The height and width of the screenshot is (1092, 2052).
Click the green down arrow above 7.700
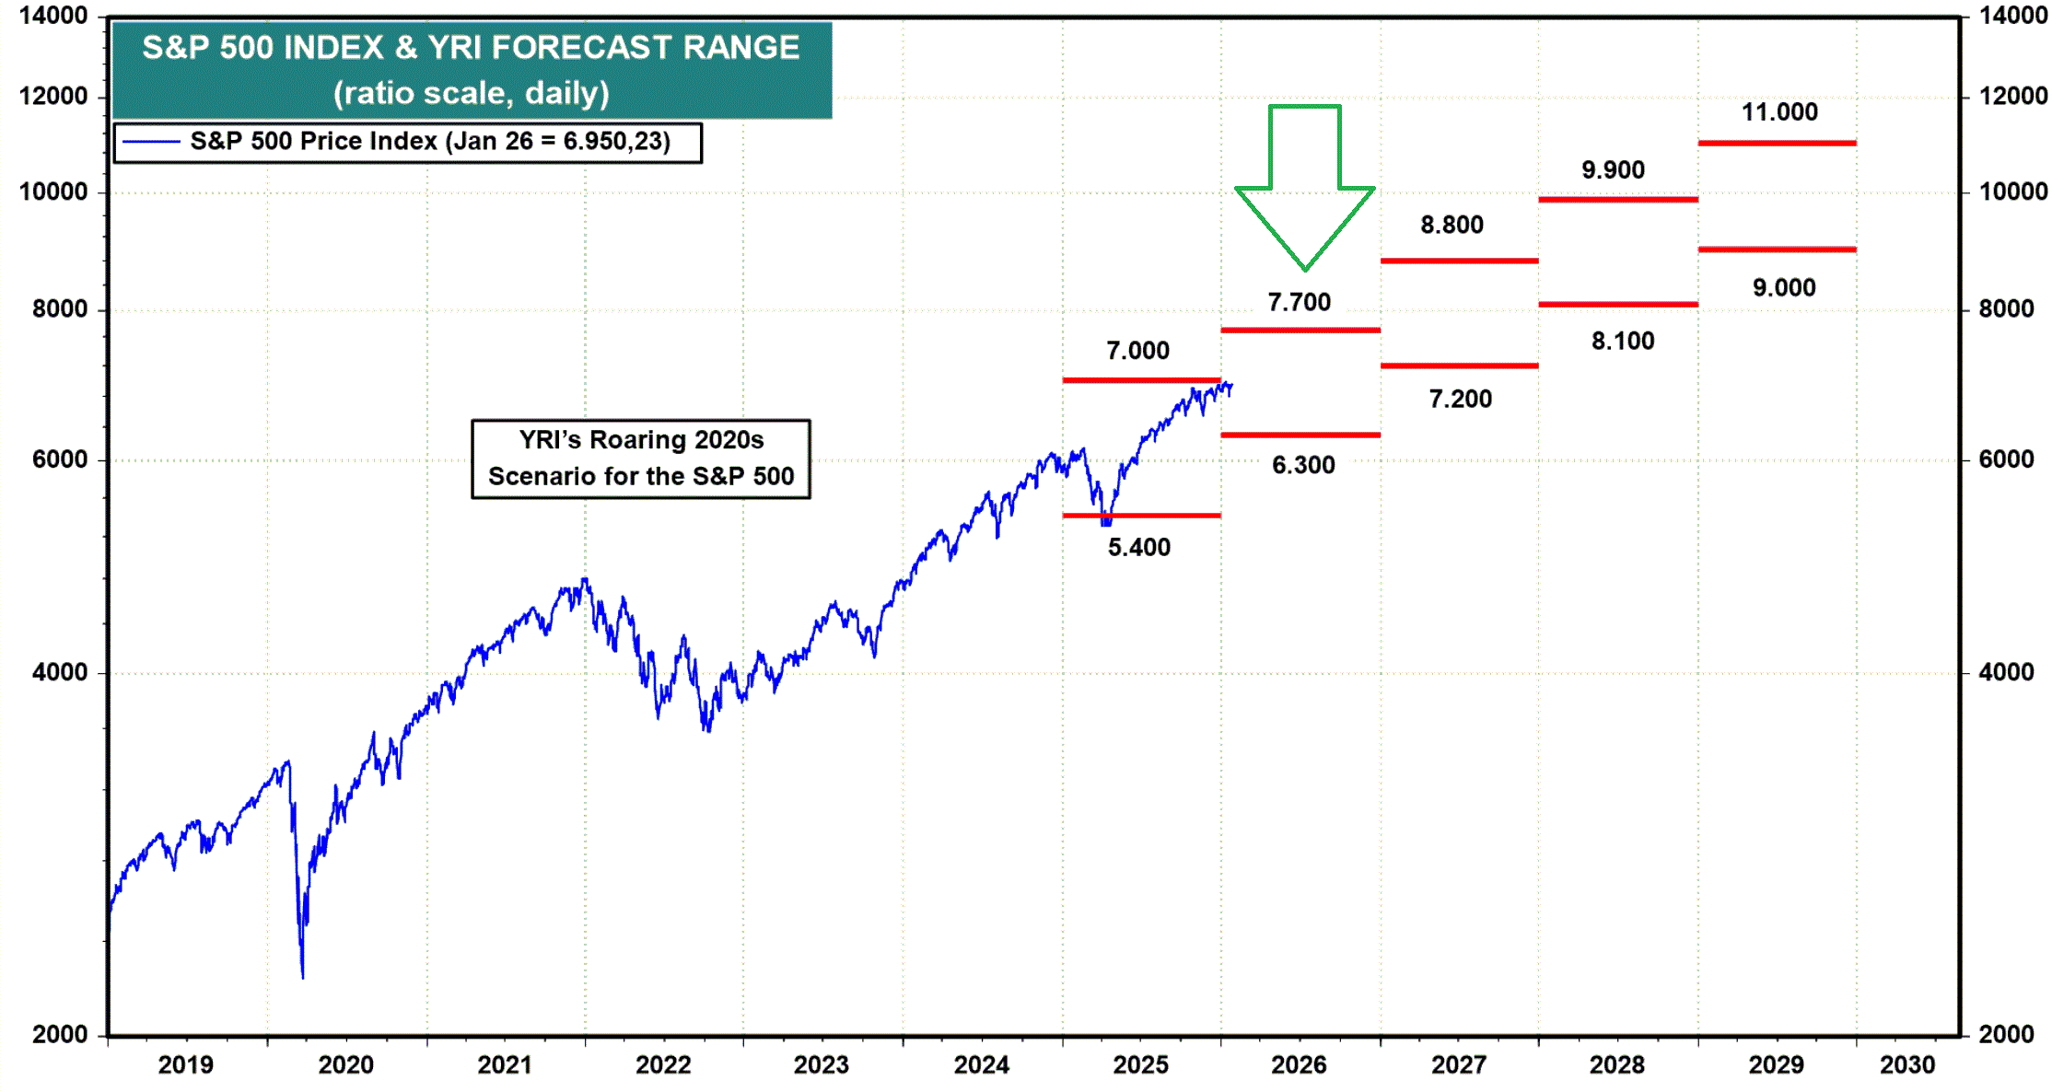click(1304, 184)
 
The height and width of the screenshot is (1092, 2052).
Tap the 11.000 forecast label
click(1778, 112)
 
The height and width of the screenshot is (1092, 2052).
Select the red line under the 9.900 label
click(1617, 199)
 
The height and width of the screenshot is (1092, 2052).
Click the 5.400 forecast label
click(1138, 548)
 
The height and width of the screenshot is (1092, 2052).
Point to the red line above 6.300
click(1300, 435)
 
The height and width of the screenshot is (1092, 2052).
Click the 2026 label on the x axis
click(1299, 1065)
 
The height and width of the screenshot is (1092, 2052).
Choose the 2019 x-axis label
click(185, 1065)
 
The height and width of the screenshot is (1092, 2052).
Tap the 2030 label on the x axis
click(1906, 1065)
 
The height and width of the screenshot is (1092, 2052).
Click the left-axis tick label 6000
click(60, 459)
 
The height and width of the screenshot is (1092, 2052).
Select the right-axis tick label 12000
click(2012, 96)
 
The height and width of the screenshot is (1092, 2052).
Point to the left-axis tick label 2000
click(60, 1035)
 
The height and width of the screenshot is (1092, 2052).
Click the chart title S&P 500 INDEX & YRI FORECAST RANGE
click(471, 48)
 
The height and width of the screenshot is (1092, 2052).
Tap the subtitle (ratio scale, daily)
click(471, 93)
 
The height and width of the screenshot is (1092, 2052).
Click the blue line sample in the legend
click(151, 142)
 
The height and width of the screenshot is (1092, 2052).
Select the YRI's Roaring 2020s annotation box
click(640, 459)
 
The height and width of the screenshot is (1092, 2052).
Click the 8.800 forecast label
click(1452, 226)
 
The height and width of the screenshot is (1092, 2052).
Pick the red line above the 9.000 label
click(1777, 250)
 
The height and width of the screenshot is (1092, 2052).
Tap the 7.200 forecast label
click(1460, 400)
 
